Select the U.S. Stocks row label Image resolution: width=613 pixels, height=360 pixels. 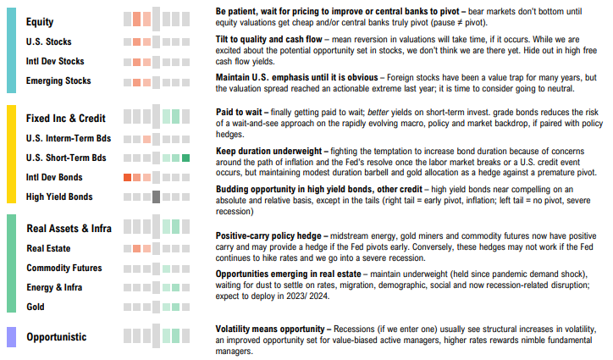point(50,42)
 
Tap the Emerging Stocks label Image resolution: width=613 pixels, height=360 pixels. point(58,81)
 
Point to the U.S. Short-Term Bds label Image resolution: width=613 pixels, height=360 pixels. point(66,158)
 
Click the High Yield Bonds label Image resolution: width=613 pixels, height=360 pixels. point(60,197)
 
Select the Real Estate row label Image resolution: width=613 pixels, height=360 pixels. point(48,249)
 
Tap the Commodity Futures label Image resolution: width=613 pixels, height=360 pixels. point(64,269)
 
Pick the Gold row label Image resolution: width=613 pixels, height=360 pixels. point(36,307)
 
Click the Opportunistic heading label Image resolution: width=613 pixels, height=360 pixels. point(56,337)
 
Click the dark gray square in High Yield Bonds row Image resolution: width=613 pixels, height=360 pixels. point(156,197)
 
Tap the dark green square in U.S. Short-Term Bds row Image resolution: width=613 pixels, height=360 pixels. point(185,158)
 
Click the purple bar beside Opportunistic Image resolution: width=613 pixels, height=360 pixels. point(10,337)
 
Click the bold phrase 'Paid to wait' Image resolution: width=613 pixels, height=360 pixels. point(240,112)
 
